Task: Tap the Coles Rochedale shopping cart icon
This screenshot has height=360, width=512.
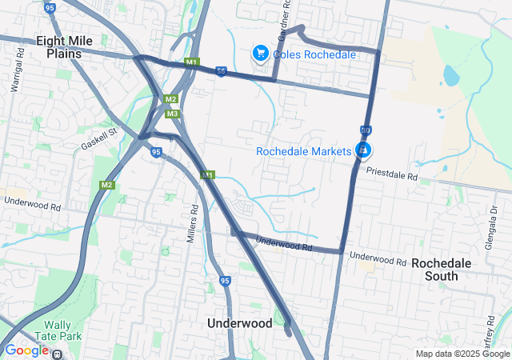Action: coord(260,54)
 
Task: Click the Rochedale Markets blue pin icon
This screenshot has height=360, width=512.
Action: coord(363,150)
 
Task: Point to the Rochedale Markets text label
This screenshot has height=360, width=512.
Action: coord(304,151)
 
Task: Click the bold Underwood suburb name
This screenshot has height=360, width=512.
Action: coord(240,323)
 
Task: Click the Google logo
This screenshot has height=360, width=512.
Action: coord(26,350)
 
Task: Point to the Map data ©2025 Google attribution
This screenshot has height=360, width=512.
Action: coord(462,354)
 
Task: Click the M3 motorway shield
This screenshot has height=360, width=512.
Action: coord(172,114)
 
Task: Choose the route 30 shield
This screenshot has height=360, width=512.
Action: coord(365,129)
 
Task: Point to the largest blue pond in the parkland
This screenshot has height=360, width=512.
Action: coord(450,76)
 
